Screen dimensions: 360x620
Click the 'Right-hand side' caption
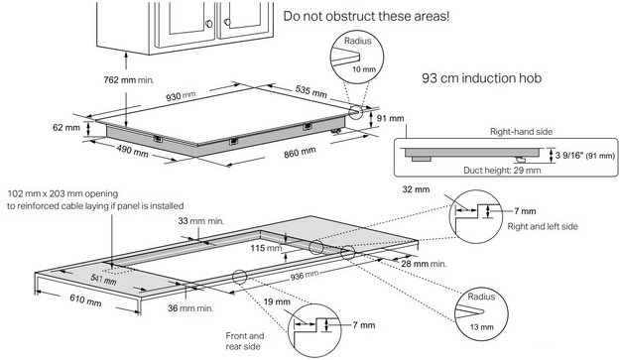point(502,129)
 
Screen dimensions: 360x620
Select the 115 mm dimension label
point(260,248)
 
